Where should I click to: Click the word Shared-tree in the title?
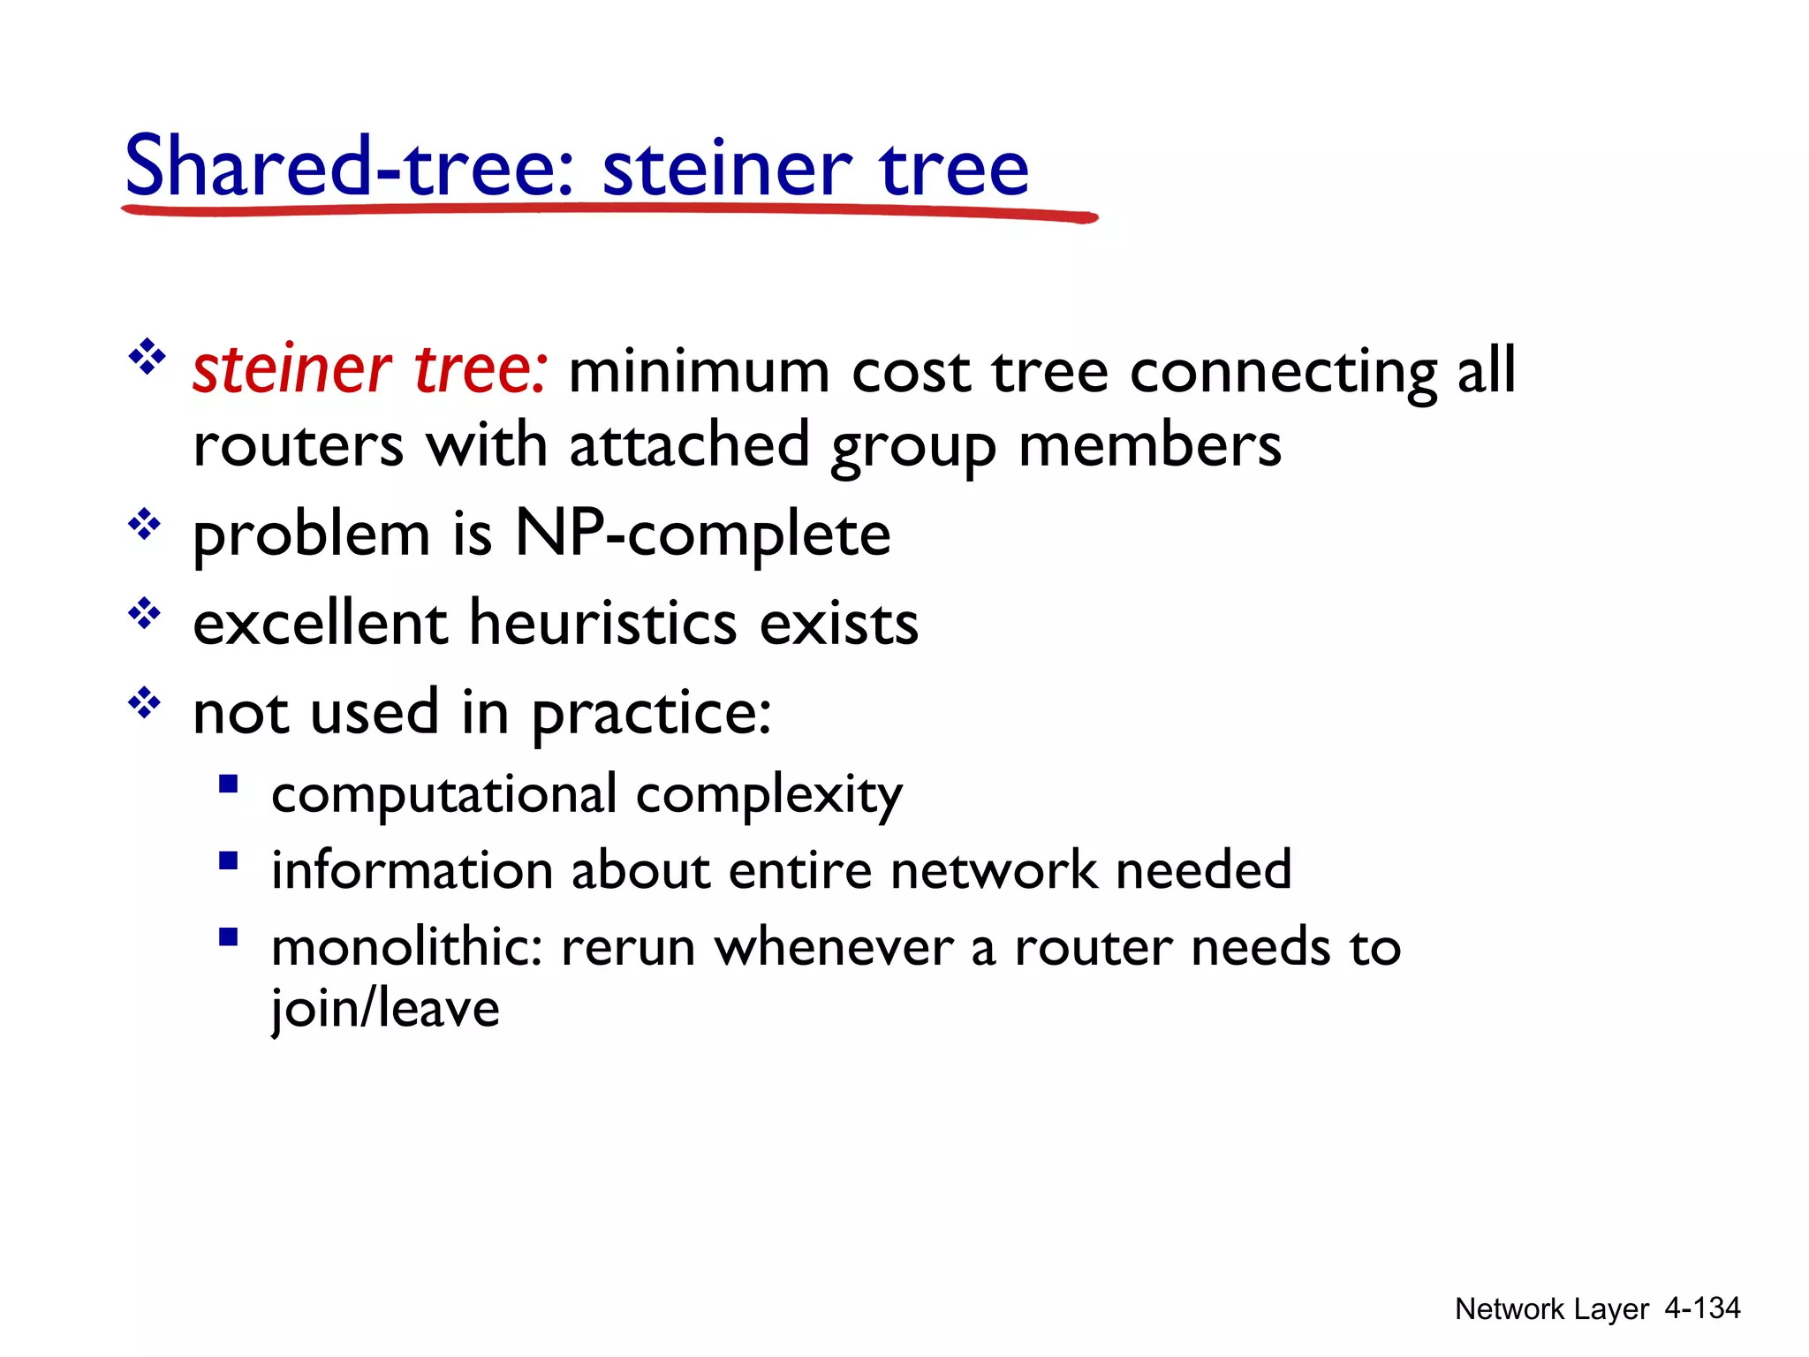tap(349, 166)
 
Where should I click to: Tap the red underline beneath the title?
tap(609, 211)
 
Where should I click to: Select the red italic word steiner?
tap(291, 369)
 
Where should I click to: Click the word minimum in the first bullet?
tap(699, 371)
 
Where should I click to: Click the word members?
tap(1149, 445)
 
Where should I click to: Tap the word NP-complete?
tap(702, 534)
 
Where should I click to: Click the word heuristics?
tap(602, 623)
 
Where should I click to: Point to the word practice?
tap(651, 714)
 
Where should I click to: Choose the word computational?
tap(443, 794)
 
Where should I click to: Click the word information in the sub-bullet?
tap(411, 870)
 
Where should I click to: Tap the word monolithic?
tap(406, 947)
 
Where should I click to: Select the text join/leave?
tap(385, 1008)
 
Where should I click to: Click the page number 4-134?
tap(1701, 1308)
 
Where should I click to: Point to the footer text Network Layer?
tap(1551, 1308)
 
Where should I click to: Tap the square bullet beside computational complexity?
tap(229, 784)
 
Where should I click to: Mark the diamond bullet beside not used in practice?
tap(145, 704)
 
